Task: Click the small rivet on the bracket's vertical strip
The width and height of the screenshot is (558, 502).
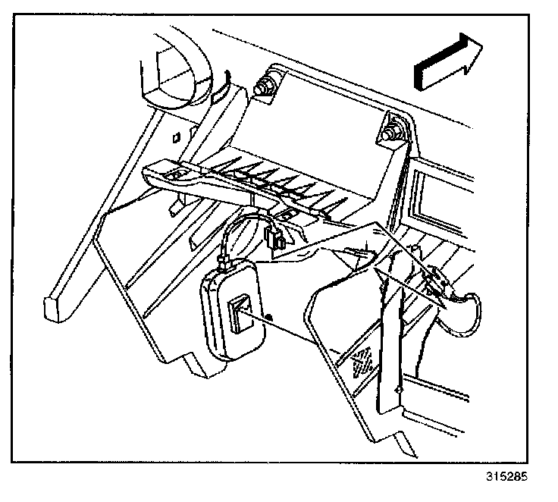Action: click(x=397, y=389)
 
